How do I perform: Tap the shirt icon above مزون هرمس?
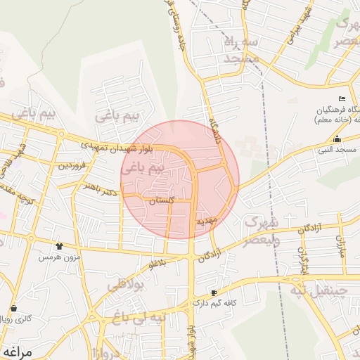click(x=60, y=247)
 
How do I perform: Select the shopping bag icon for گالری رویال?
click(x=13, y=308)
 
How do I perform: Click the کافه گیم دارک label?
click(x=214, y=303)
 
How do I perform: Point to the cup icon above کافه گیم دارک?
click(x=214, y=292)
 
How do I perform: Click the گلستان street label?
click(x=161, y=201)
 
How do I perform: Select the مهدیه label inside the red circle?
click(x=209, y=221)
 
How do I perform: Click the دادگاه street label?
click(x=212, y=129)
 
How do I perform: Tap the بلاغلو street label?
click(x=160, y=264)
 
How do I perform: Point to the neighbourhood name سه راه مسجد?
click(x=243, y=51)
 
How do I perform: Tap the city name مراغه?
click(x=18, y=351)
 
